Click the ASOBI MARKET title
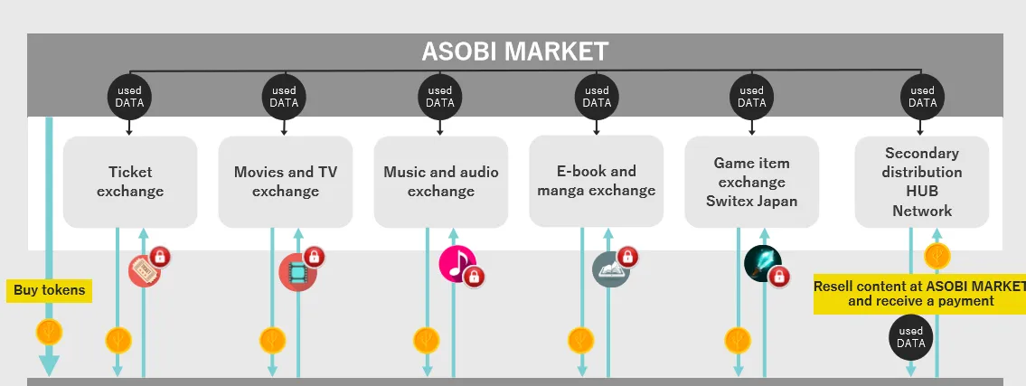pos(515,52)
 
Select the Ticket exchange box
pos(130,182)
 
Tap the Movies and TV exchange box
pos(286,182)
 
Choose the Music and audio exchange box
pos(441,182)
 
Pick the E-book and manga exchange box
pos(596,181)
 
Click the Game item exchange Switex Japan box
pos(752,182)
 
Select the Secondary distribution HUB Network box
pos(922,182)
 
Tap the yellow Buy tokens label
pos(49,290)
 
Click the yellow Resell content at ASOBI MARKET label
pos(920,294)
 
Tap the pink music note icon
pos(457,263)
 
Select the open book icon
pos(610,269)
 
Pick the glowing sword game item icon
pos(762,263)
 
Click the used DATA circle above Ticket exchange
pos(129,97)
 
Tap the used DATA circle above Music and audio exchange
pos(439,97)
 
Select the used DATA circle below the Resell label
pos(911,337)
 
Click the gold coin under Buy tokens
pos(49,333)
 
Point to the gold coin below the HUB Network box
pos(937,255)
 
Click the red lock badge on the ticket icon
pos(160,255)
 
